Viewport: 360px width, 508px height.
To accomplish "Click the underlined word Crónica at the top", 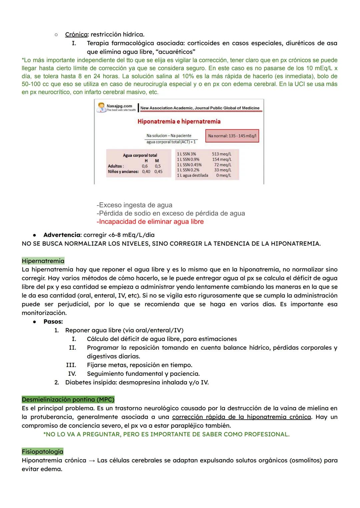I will pos(76,35).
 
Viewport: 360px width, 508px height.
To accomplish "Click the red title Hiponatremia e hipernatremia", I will pos(179,122).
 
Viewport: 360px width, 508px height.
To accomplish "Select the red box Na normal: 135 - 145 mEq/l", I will pos(232,136).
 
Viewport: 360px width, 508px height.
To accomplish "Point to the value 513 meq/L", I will pos(221,154).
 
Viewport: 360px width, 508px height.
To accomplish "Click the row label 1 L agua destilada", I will pos(192,176).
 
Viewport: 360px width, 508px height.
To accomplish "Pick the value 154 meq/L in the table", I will pos(222,160).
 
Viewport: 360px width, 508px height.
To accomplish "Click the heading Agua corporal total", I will pos(140,156).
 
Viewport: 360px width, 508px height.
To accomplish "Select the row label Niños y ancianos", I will pos(123,172).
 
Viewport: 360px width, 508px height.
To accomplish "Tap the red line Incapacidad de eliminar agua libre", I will pos(150,222).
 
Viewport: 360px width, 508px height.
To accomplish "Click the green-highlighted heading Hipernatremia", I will pos(43,261).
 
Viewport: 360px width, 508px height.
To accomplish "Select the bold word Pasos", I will pos(53,322).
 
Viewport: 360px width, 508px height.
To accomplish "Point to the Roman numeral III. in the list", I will pos(71,365).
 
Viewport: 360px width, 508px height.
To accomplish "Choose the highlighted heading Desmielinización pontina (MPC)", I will pos(68,399).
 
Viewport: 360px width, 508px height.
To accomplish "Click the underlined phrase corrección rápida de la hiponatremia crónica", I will pos(241,417).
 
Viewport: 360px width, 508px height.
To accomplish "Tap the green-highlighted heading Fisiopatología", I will pos(42,452).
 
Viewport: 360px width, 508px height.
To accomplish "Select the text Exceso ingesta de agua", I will pos(134,205).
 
